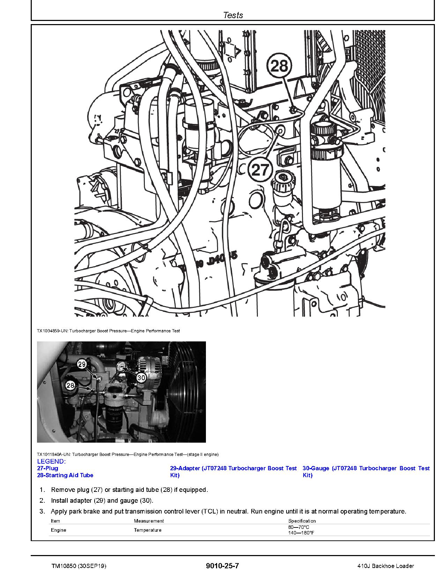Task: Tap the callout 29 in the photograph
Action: click(81, 364)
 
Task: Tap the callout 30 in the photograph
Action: click(141, 377)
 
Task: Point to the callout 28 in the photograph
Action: click(71, 385)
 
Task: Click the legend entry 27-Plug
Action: click(47, 468)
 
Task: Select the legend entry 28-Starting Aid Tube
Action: click(65, 475)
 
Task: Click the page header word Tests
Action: click(233, 15)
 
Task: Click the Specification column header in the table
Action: click(302, 521)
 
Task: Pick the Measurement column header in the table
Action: click(149, 521)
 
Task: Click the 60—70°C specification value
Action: click(298, 527)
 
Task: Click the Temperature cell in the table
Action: click(148, 530)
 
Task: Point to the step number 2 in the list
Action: click(42, 501)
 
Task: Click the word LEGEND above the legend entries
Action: click(51, 461)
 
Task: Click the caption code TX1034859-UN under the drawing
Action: click(52, 331)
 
